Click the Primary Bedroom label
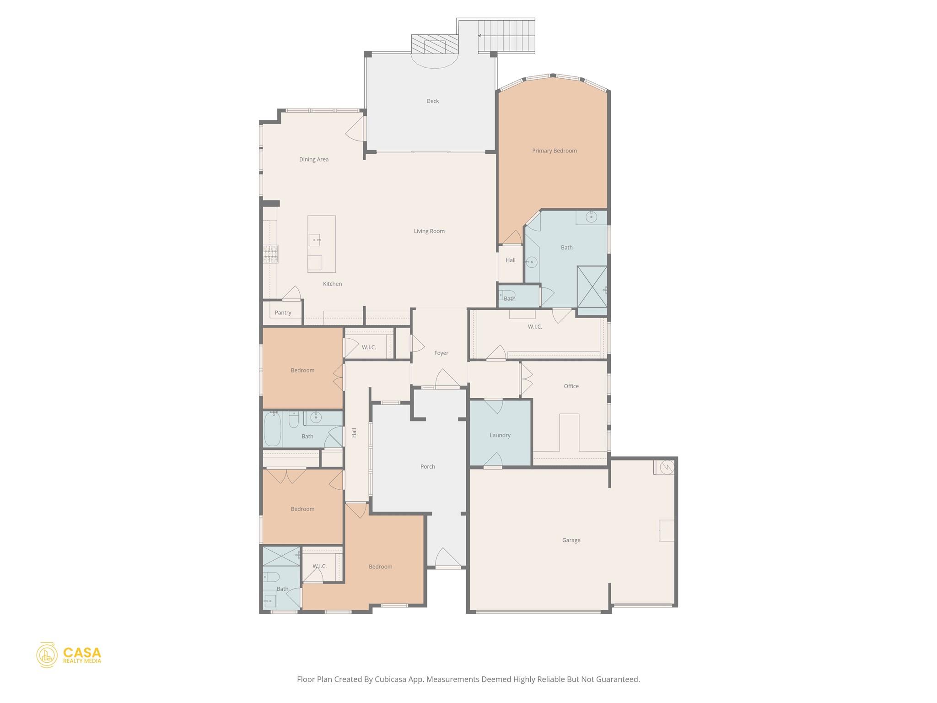click(x=554, y=151)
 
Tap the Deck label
click(x=432, y=101)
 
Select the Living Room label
click(x=429, y=231)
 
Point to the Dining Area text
click(x=314, y=159)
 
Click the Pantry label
click(x=283, y=313)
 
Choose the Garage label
click(x=571, y=540)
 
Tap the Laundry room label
click(x=500, y=435)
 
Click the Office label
click(x=571, y=386)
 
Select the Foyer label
click(x=441, y=353)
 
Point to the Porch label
click(x=427, y=467)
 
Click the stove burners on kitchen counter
click(x=270, y=254)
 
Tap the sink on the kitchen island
click(x=314, y=240)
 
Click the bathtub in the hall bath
click(x=272, y=429)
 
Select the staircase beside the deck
click(x=506, y=36)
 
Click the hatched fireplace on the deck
click(x=434, y=46)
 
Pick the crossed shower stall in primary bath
click(x=592, y=287)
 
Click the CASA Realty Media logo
click(x=69, y=655)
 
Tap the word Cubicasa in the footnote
click(x=392, y=679)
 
